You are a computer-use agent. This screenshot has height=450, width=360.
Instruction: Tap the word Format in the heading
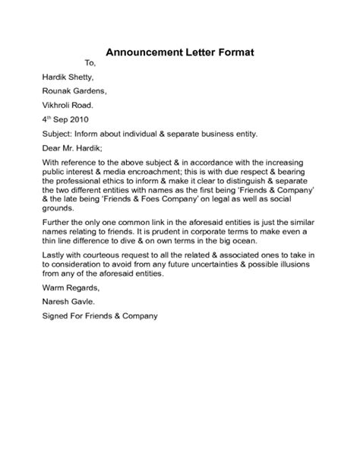click(233, 53)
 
